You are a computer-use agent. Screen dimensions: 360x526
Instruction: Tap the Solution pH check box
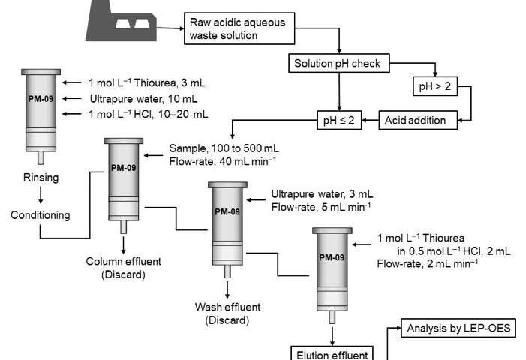[339, 64]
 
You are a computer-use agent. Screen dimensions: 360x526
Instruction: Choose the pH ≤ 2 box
[339, 120]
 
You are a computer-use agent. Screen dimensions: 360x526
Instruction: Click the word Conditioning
[41, 215]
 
